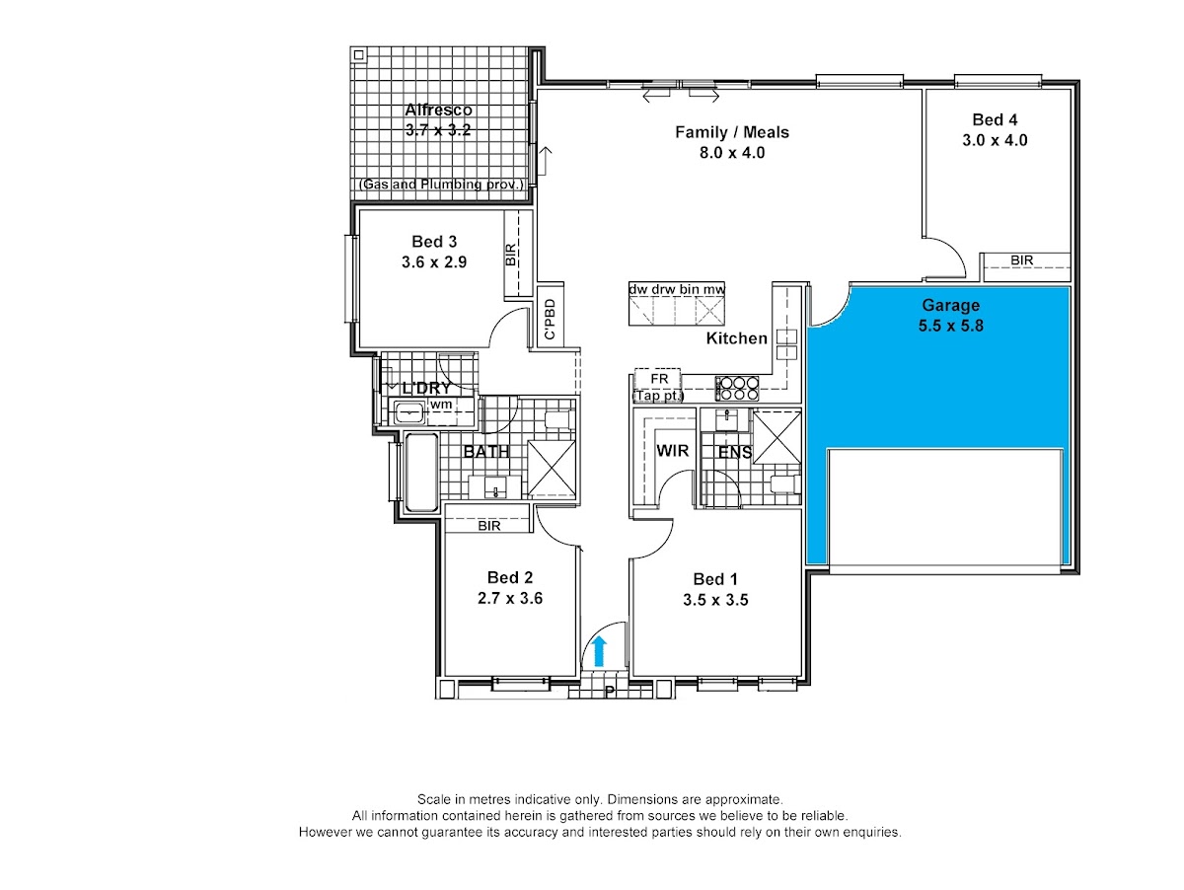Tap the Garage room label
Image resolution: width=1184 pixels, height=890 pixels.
(x=950, y=305)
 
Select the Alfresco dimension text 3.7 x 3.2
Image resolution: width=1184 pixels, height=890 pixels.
(x=438, y=130)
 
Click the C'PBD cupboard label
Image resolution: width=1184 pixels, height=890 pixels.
(x=550, y=320)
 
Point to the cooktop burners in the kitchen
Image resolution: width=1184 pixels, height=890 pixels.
(x=736, y=389)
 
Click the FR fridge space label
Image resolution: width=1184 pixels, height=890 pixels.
(x=659, y=379)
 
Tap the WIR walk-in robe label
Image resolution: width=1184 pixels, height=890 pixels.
(x=672, y=450)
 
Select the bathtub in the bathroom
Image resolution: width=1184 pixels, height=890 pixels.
(x=421, y=472)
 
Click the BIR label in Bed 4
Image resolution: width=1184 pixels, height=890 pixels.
(x=1021, y=260)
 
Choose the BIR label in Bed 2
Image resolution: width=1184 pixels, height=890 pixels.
(x=488, y=526)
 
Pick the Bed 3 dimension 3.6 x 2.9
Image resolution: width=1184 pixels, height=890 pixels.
(x=434, y=262)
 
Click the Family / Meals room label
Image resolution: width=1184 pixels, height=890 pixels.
(x=732, y=132)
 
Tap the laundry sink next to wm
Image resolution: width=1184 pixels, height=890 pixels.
(x=409, y=413)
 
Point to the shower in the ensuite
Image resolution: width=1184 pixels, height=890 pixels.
(x=777, y=437)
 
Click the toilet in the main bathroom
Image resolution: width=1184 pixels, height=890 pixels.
(x=559, y=419)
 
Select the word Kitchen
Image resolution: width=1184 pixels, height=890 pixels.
(x=736, y=338)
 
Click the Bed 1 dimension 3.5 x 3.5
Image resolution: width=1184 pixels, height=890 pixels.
(x=715, y=600)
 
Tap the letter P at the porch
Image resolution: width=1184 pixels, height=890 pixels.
(x=610, y=692)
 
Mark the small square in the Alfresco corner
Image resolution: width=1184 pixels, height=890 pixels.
(x=359, y=55)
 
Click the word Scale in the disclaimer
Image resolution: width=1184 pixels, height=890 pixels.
(x=433, y=799)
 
